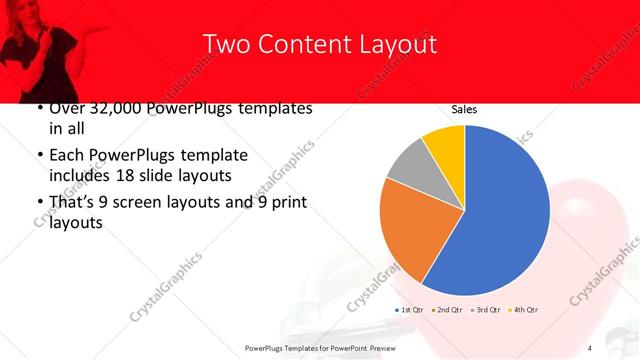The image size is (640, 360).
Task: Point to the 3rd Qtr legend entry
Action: pyautogui.click(x=485, y=310)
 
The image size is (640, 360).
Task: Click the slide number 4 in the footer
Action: pyautogui.click(x=590, y=347)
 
